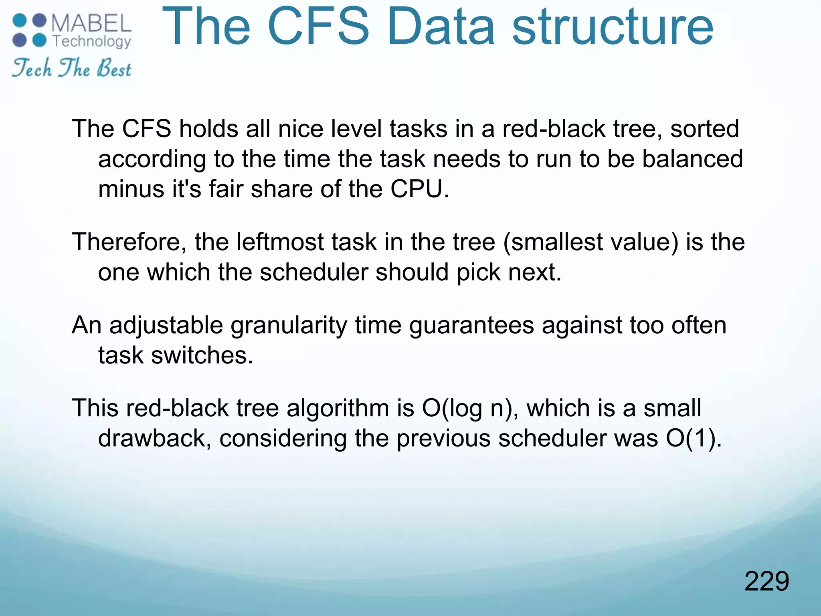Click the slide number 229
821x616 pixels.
tap(766, 581)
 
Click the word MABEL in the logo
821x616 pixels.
tap(91, 23)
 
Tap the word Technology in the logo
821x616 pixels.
tap(92, 41)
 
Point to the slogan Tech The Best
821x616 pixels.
tap(71, 68)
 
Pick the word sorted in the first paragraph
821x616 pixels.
tap(704, 129)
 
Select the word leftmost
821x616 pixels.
tap(280, 243)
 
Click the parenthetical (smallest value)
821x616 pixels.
tap(590, 243)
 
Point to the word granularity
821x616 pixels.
tap(289, 326)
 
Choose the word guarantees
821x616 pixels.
tap(471, 326)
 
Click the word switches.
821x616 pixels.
tap(202, 355)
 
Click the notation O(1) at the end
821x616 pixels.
tap(692, 438)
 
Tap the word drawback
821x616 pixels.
tap(154, 438)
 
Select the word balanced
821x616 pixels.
tap(692, 159)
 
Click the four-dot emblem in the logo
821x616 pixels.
tap(29, 30)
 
